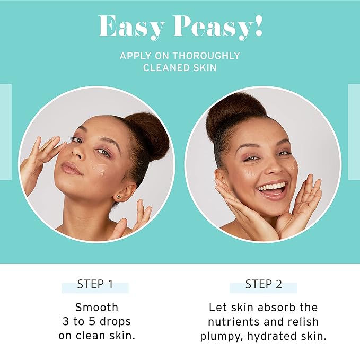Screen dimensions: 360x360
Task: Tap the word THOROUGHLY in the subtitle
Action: point(206,56)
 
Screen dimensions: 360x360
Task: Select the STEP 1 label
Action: point(95,284)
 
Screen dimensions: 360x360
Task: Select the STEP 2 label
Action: point(264,284)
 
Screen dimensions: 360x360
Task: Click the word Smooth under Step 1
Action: point(96,307)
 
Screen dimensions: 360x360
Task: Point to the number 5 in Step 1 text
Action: point(92,321)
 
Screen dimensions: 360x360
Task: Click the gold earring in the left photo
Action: point(119,197)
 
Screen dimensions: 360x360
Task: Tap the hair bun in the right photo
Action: point(234,112)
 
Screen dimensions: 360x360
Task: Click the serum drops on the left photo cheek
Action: point(100,169)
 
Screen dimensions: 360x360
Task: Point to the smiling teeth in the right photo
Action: point(273,186)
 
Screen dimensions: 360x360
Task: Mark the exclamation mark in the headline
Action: point(258,25)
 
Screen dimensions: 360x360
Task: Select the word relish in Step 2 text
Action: point(303,321)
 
